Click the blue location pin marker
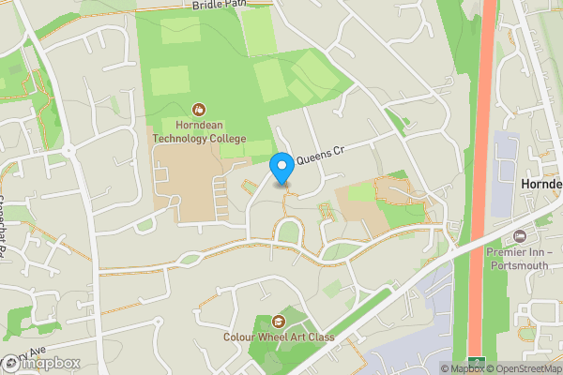(281, 168)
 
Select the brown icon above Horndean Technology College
(198, 111)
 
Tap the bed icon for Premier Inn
(522, 234)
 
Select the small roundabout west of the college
(68, 151)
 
